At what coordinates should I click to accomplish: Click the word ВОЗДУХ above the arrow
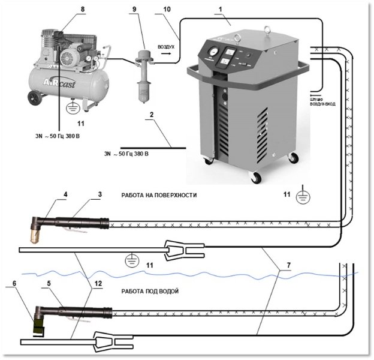pos(166,46)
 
